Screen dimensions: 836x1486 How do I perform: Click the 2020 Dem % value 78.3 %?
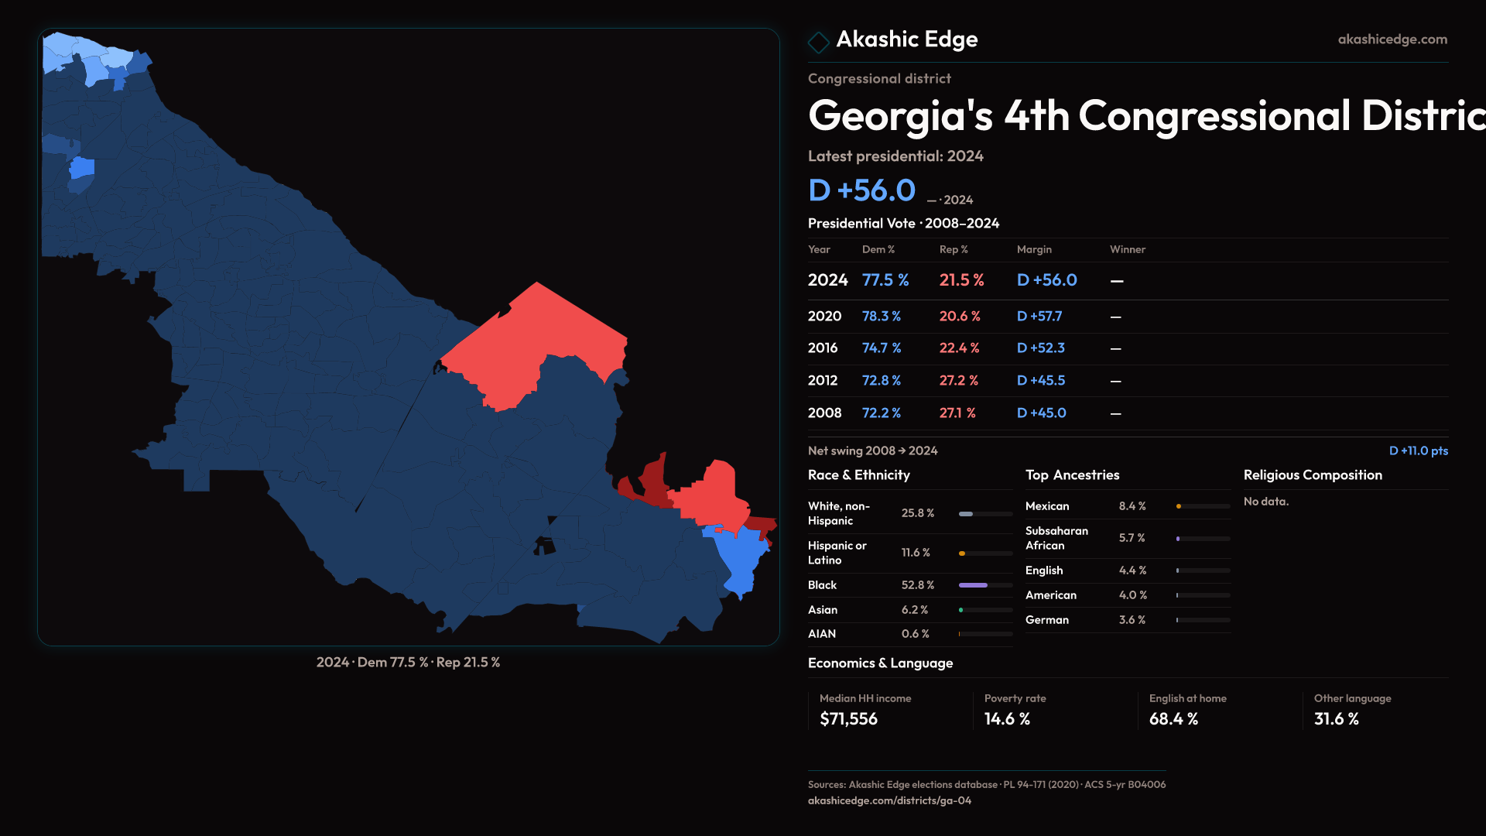[881, 317]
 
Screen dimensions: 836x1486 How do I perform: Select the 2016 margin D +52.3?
[1040, 348]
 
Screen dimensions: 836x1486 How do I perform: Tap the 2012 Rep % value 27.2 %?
[958, 381]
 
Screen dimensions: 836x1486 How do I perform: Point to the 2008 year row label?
[824, 413]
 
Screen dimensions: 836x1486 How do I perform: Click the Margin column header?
[1034, 249]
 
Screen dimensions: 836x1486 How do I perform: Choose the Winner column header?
[1127, 249]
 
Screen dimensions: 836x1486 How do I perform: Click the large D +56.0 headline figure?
[861, 190]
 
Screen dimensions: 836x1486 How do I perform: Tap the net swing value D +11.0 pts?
[1418, 451]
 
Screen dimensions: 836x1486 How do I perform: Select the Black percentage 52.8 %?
[917, 585]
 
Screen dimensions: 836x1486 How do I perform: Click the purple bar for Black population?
[973, 585]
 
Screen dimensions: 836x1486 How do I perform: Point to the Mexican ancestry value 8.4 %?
[1132, 506]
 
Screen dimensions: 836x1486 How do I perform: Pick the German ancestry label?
[1046, 620]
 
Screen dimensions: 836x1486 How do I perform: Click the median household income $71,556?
[848, 719]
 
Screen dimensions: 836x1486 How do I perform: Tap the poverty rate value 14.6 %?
[1007, 719]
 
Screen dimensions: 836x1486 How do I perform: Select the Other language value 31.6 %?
[1336, 719]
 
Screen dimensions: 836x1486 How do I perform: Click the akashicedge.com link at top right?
[1392, 39]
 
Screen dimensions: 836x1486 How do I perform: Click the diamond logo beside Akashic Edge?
[818, 42]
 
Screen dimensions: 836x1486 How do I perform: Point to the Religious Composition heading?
[1313, 475]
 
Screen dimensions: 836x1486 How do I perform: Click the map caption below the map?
[408, 663]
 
